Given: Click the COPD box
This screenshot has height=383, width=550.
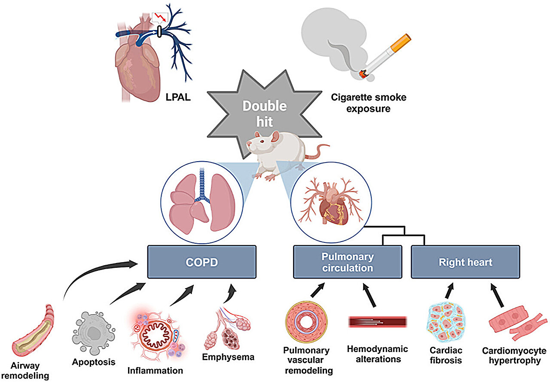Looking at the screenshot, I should pyautogui.click(x=202, y=261).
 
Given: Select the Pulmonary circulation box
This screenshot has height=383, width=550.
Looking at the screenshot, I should pyautogui.click(x=347, y=261).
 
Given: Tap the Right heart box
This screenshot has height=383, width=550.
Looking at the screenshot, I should pyautogui.click(x=465, y=261).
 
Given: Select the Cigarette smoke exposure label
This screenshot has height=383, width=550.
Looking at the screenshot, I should pyautogui.click(x=368, y=103).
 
